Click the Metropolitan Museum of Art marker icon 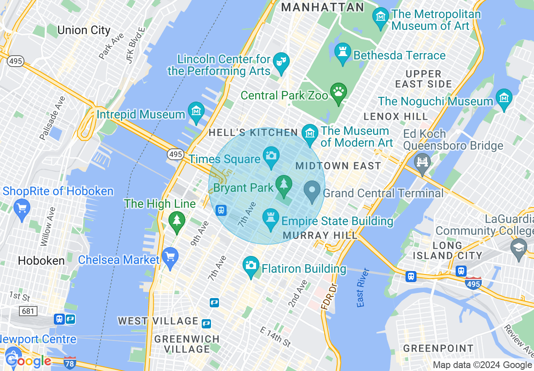381,17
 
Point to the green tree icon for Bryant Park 284,185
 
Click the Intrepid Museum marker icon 196,112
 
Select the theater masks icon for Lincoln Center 279,62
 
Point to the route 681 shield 28,311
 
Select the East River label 361,288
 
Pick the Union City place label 83,30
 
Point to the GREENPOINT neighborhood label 438,348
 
